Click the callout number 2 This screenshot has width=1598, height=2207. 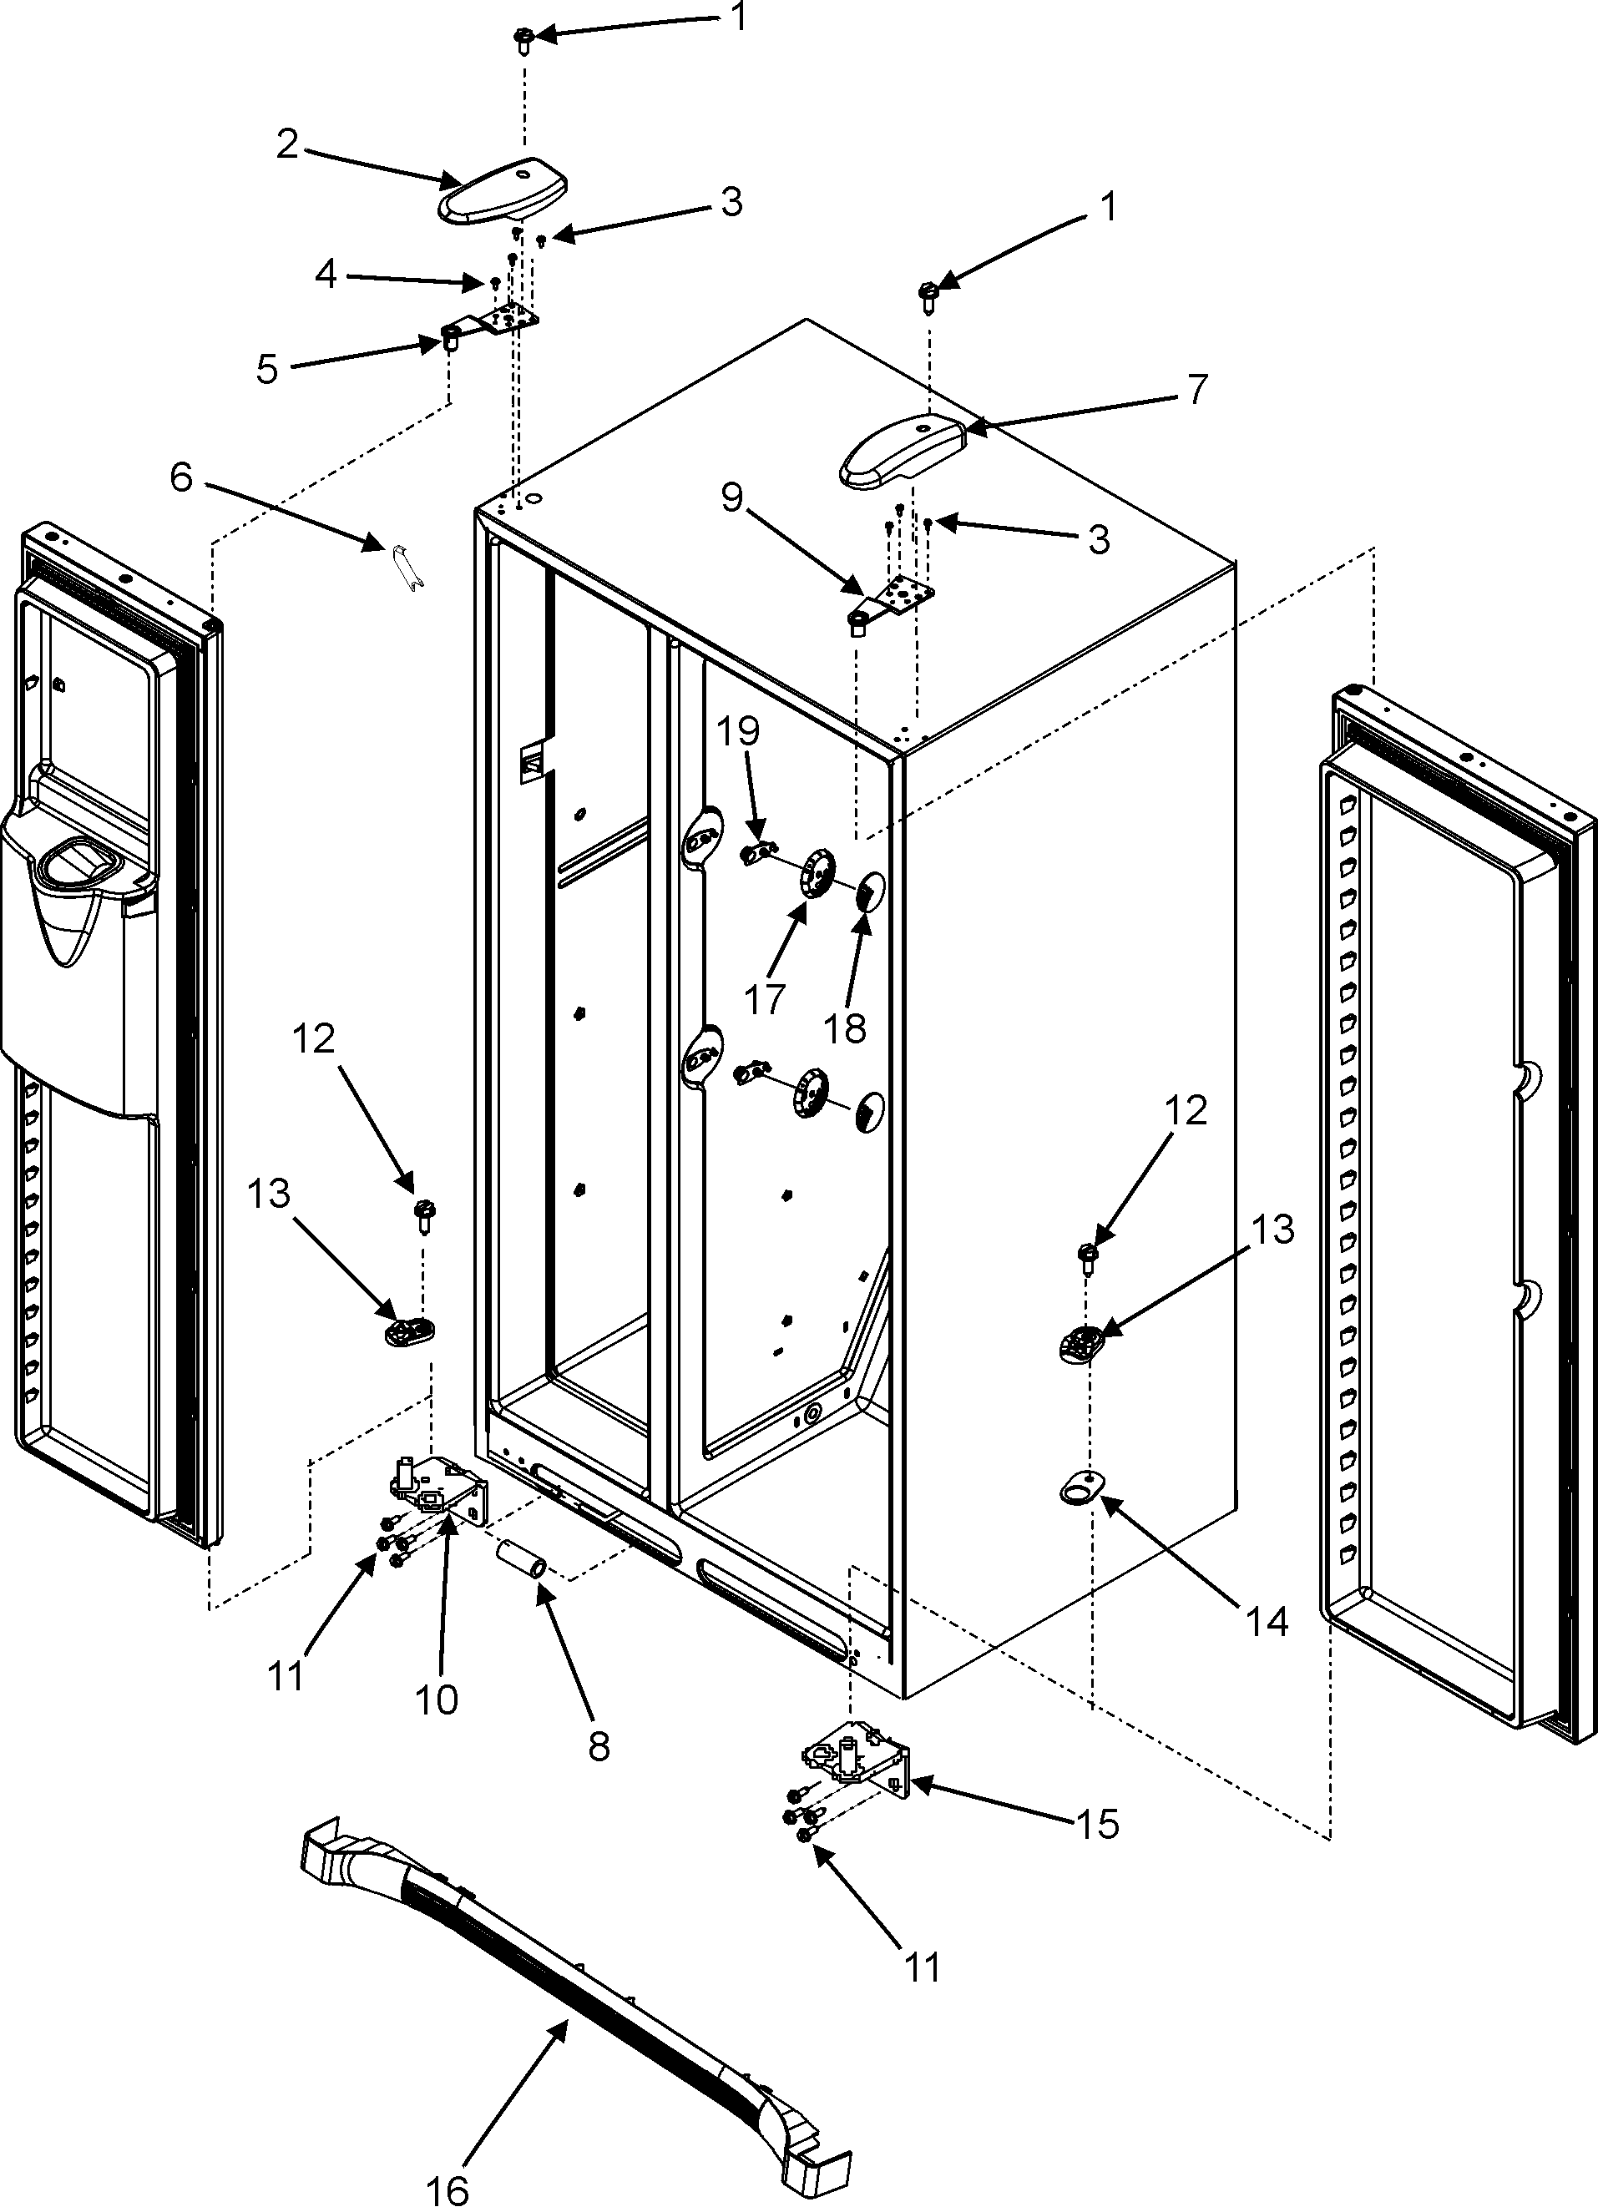coord(287,144)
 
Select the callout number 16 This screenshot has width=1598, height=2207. coord(448,2184)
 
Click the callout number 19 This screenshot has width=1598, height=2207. coord(740,732)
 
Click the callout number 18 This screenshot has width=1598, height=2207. coord(846,1028)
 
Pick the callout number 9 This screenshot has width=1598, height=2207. coord(732,498)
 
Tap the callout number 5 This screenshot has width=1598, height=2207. coord(268,370)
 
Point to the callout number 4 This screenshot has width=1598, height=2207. coord(326,275)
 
